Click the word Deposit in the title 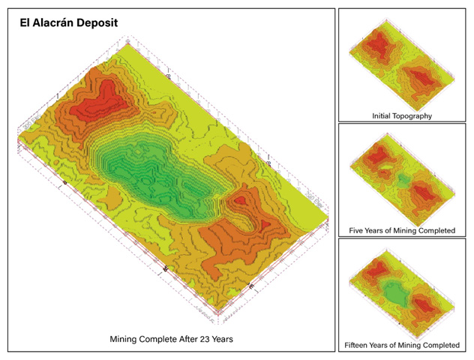pos(96,23)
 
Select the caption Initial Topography pos(402,115)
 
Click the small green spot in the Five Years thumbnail pos(403,180)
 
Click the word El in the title pos(25,23)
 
